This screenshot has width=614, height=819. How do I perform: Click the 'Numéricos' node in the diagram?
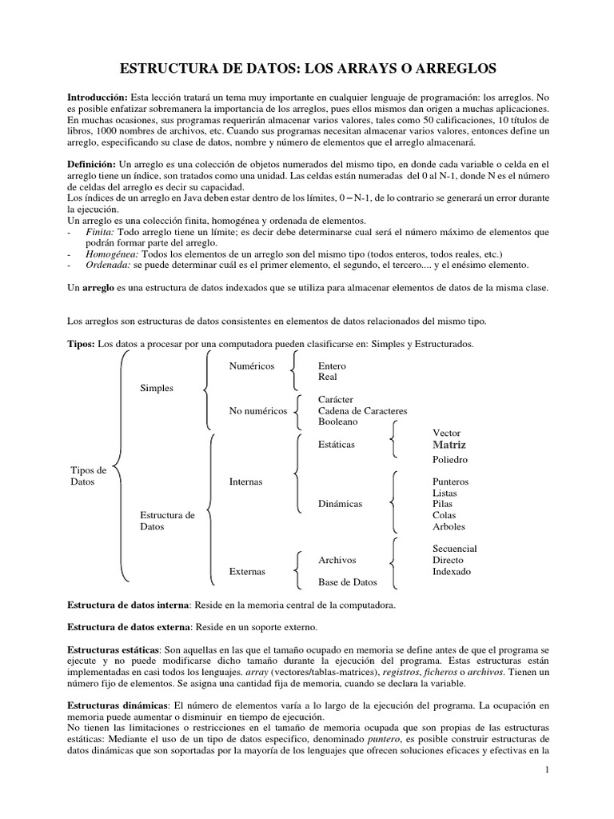click(x=251, y=366)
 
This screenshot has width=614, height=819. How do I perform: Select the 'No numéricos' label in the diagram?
click(x=257, y=410)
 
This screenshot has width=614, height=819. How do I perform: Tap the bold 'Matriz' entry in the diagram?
click(x=449, y=445)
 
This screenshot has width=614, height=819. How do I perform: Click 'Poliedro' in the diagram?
click(x=450, y=460)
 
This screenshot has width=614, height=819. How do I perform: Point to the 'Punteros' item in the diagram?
click(x=450, y=482)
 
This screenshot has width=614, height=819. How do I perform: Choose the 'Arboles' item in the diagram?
click(x=449, y=527)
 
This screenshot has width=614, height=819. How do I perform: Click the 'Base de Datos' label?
click(x=347, y=582)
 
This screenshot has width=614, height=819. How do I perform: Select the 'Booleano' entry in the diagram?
click(x=338, y=421)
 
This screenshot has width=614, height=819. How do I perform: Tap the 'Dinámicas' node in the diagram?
click(x=340, y=504)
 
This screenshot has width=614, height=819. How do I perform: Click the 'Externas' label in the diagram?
click(x=248, y=572)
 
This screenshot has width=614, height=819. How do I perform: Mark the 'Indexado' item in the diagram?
click(x=452, y=572)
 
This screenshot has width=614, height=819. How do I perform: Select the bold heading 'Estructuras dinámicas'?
click(x=114, y=706)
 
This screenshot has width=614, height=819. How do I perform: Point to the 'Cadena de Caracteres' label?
click(x=362, y=410)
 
